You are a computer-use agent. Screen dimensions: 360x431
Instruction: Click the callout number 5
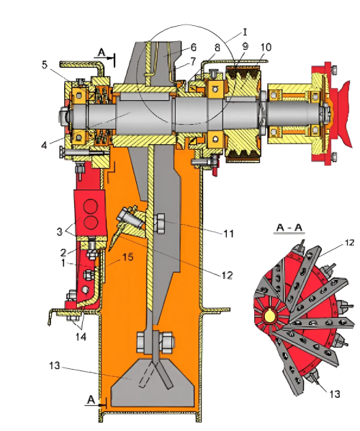pos(45,65)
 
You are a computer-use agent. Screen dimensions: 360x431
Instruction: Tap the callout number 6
pos(194,48)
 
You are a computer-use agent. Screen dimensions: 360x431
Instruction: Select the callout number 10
pos(266,48)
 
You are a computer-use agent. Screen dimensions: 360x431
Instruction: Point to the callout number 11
pos(228,234)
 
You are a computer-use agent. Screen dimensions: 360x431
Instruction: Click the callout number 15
pos(127,257)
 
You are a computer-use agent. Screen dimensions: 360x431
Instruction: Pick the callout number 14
pos(81,337)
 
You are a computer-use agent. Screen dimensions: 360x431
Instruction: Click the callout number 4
pos(44,145)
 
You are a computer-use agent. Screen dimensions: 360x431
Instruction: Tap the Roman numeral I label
pos(245,32)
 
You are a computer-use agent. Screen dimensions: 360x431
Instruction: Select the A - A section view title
pos(289,227)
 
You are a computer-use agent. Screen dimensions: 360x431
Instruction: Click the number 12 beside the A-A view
pos(349,243)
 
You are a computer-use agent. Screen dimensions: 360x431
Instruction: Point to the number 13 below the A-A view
pos(335,394)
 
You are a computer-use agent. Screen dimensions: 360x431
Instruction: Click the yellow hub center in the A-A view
pos(269,316)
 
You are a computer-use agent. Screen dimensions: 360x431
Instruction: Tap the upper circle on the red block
pos(91,206)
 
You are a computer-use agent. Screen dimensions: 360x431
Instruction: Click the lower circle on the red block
pos(91,223)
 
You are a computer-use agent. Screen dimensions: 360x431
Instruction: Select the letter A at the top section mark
pos(102,52)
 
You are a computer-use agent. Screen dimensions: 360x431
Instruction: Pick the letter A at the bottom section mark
pos(91,400)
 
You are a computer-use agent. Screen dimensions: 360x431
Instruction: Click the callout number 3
pos(60,232)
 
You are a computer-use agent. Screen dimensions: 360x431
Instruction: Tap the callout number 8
pos(217,48)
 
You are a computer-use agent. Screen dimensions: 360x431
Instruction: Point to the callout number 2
pos(63,252)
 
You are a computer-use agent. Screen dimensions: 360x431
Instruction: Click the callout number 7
pos(193,61)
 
